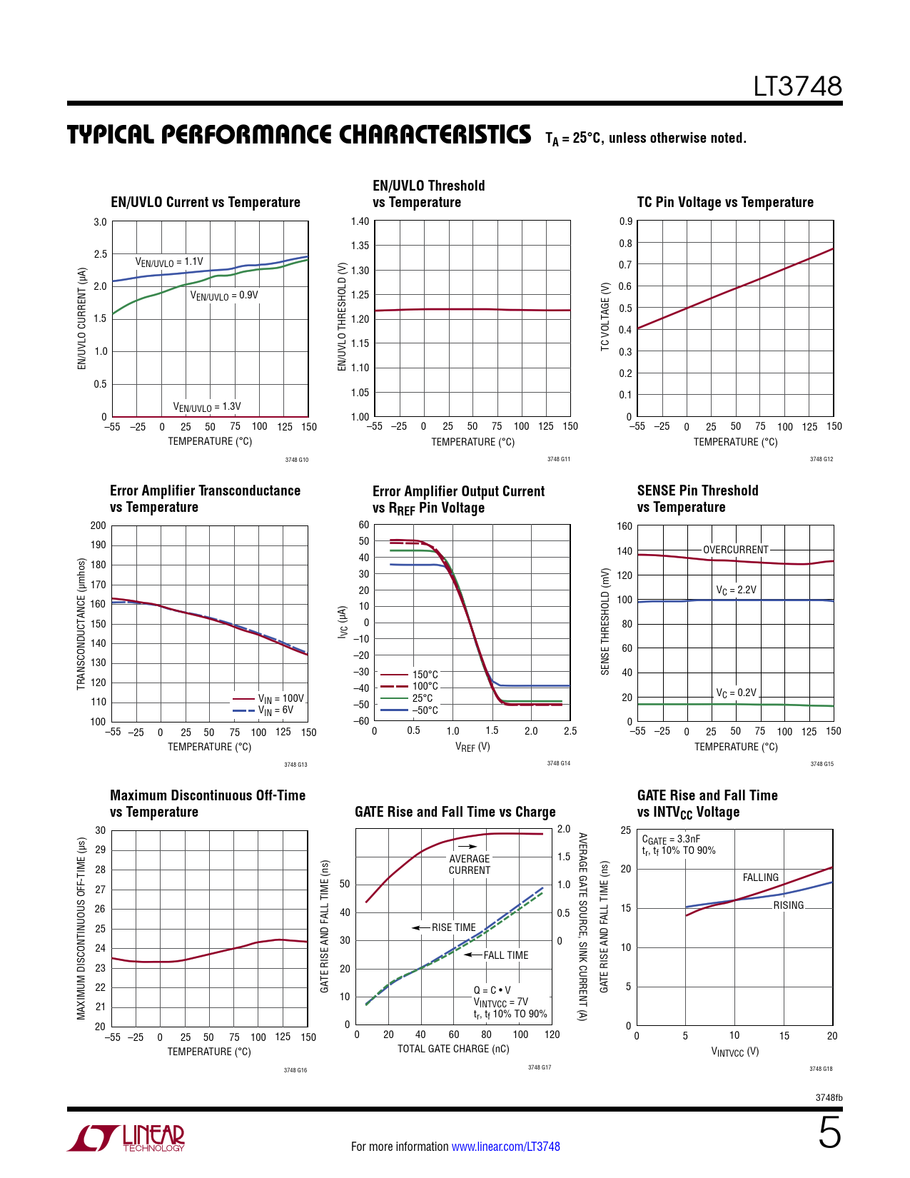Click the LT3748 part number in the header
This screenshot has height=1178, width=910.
click(797, 87)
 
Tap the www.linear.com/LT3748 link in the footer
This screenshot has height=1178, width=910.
click(505, 1147)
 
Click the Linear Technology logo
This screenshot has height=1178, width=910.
click(126, 1138)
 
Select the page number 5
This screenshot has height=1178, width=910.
click(829, 1134)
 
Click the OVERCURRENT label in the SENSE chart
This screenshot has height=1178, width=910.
click(735, 550)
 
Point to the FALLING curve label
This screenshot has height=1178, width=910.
click(760, 877)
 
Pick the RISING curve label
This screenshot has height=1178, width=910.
click(788, 905)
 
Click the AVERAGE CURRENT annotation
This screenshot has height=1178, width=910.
click(469, 865)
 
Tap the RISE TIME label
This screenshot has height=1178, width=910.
click(453, 927)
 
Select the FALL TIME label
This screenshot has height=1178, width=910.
click(505, 955)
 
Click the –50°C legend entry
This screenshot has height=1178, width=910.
click(425, 710)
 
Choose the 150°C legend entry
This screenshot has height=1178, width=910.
click(425, 675)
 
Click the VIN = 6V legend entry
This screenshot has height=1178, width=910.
click(275, 711)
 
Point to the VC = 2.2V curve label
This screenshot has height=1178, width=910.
click(736, 590)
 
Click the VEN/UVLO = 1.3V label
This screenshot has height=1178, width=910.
click(207, 407)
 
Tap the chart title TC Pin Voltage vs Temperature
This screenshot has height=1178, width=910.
click(725, 202)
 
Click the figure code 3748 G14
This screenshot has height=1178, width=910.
click(558, 763)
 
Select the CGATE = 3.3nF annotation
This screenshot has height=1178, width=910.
click(671, 840)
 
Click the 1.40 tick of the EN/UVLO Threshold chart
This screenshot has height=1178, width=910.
click(360, 221)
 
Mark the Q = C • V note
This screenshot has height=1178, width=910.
click(492, 990)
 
